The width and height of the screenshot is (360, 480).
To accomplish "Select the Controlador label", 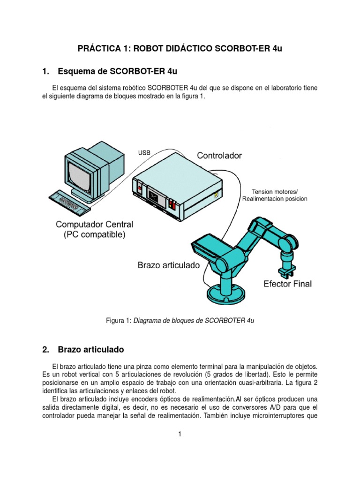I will coord(219,155).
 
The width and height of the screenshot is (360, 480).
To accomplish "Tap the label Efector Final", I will coord(287,284).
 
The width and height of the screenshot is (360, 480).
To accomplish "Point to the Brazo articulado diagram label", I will coord(169,265).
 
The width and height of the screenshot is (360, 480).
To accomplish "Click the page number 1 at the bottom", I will coord(180,435).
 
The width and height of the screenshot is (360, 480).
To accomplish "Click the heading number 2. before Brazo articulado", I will coord(45,349).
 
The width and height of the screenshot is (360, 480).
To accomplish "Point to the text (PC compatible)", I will coord(95,235).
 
